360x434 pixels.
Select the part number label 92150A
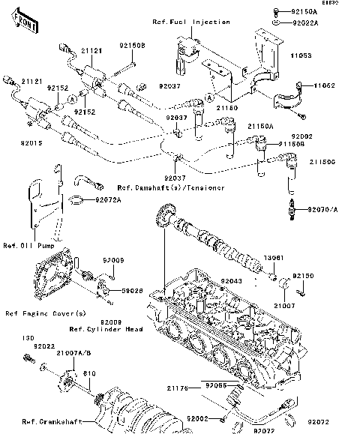click(x=304, y=13)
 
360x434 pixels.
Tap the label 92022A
click(x=304, y=23)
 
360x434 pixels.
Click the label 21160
click(x=229, y=108)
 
